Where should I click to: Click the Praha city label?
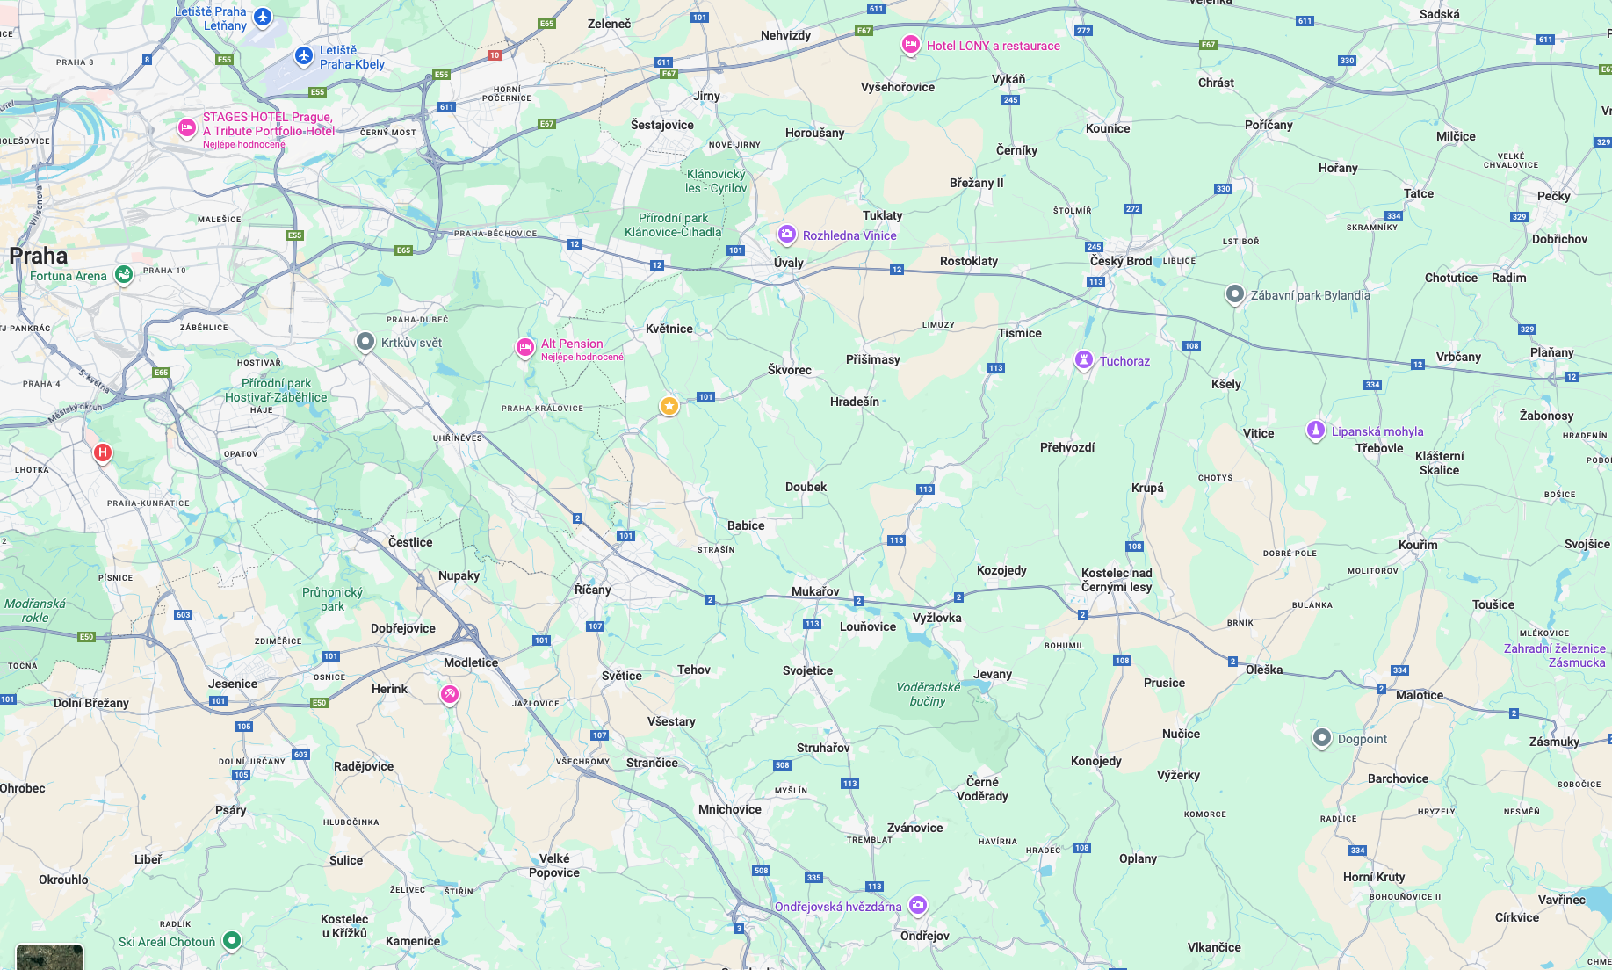pyautogui.click(x=38, y=256)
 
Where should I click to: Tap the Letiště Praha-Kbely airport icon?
pyautogui.click(x=304, y=56)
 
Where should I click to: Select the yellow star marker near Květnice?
pyautogui.click(x=669, y=405)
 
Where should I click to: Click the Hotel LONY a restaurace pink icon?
pyautogui.click(x=911, y=45)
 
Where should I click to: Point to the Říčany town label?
pyautogui.click(x=592, y=590)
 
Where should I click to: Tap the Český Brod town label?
pyautogui.click(x=1120, y=261)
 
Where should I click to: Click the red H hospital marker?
pyautogui.click(x=103, y=452)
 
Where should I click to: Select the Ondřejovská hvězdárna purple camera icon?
pyautogui.click(x=918, y=904)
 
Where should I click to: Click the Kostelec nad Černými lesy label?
pyautogui.click(x=1116, y=580)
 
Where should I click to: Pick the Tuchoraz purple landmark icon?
pyautogui.click(x=1084, y=359)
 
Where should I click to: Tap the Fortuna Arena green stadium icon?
pyautogui.click(x=124, y=275)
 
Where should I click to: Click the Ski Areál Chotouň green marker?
pyautogui.click(x=232, y=940)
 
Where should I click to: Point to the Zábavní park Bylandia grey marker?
pyautogui.click(x=1234, y=293)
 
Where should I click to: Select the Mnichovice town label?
pyautogui.click(x=729, y=809)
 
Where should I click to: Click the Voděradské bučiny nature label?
pyautogui.click(x=928, y=694)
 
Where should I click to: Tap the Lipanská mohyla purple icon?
pyautogui.click(x=1315, y=430)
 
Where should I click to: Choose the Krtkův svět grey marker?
pyautogui.click(x=365, y=341)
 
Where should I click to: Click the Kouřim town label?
pyautogui.click(x=1418, y=545)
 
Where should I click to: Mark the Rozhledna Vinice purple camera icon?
pyautogui.click(x=787, y=234)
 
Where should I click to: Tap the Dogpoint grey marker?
pyautogui.click(x=1322, y=738)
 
